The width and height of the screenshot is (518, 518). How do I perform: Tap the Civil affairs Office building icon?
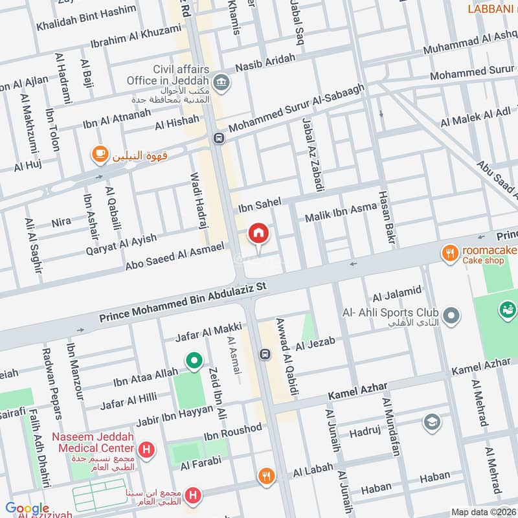point(222,82)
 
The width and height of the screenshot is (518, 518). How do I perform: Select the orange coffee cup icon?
point(98,153)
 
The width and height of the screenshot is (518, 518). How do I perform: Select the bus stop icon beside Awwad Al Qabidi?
point(264,354)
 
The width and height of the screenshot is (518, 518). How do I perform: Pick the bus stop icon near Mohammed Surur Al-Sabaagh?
point(218,138)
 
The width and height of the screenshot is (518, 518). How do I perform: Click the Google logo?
point(27,508)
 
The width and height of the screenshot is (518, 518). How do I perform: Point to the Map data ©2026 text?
point(482,512)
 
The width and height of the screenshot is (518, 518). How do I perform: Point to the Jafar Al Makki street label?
point(208,332)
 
